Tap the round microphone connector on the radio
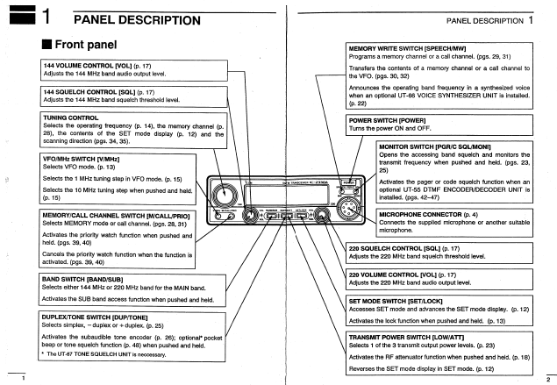click(349, 208)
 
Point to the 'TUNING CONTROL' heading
click(71, 117)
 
